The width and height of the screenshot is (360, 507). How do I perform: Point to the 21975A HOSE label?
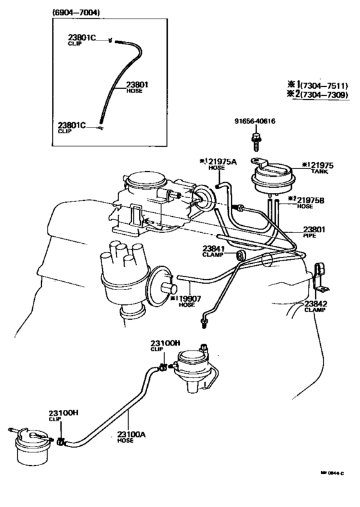click(x=215, y=165)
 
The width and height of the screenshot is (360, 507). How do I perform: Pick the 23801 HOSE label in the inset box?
click(x=137, y=87)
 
